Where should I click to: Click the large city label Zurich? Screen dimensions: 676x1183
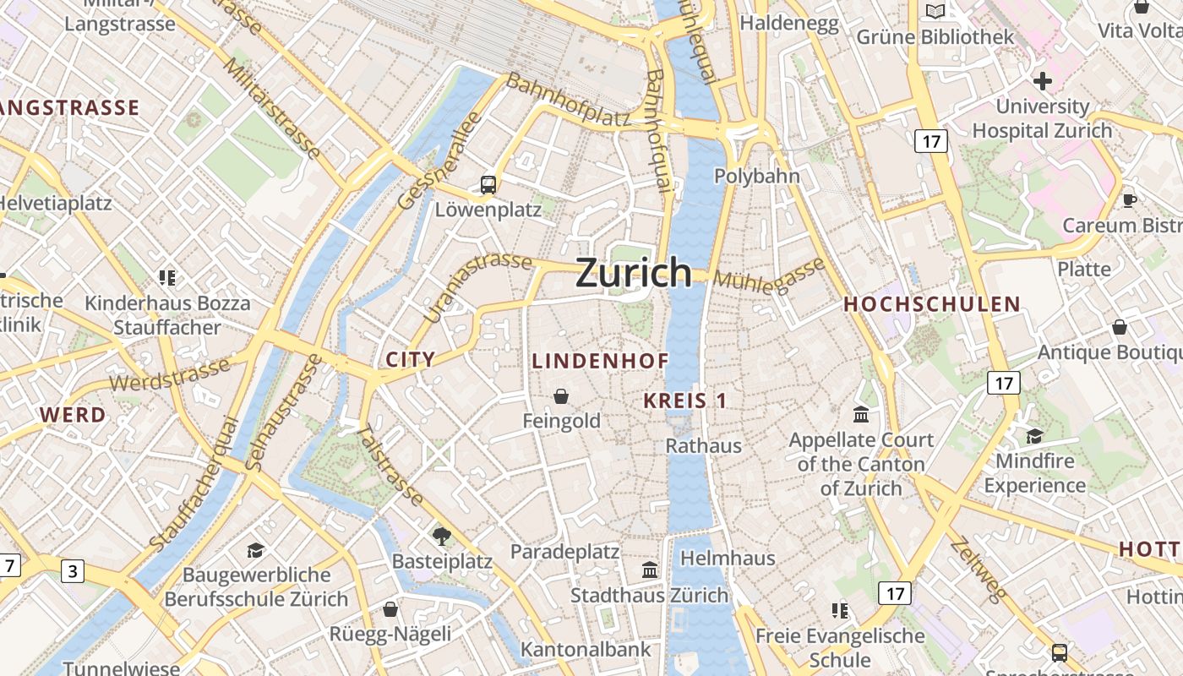click(634, 273)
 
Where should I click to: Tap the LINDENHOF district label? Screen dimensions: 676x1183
click(600, 361)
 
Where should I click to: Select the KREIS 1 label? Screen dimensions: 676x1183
click(684, 401)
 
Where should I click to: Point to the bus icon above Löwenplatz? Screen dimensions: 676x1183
click(488, 184)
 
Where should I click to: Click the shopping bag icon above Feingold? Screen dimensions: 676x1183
click(561, 395)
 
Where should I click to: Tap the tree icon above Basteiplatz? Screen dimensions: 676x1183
click(441, 535)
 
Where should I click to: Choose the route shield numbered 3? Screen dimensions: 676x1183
click(73, 572)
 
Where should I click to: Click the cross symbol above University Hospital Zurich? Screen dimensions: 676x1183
click(1043, 81)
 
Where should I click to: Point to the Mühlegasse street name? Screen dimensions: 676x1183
click(769, 276)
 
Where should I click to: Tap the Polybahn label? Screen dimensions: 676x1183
click(757, 176)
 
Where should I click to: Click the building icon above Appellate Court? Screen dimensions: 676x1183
click(861, 415)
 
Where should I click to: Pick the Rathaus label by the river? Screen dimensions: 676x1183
click(704, 445)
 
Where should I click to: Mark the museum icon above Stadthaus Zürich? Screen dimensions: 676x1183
click(650, 570)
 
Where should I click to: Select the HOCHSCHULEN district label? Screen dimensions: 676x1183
click(932, 304)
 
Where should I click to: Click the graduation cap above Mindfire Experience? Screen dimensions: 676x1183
click(1034, 436)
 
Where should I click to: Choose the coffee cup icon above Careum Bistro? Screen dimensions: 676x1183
click(1129, 200)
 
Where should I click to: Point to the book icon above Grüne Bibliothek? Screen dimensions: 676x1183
click(935, 11)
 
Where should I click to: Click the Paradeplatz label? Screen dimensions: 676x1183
click(564, 552)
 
